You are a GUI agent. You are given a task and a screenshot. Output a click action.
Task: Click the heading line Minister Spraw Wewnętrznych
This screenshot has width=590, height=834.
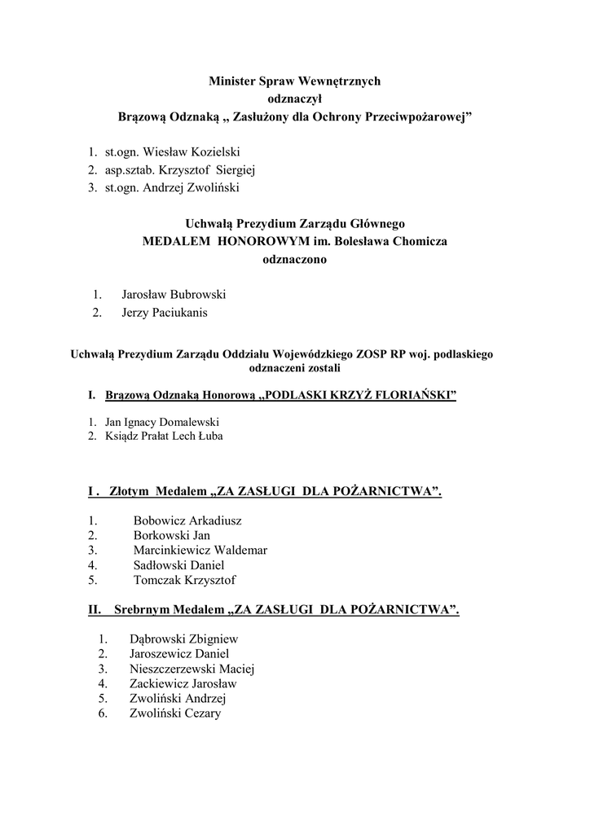pyautogui.click(x=294, y=81)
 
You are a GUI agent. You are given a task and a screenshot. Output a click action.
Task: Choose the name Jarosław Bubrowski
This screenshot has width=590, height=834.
pyautogui.click(x=174, y=294)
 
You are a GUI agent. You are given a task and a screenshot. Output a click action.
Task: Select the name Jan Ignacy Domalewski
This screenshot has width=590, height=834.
pyautogui.click(x=162, y=423)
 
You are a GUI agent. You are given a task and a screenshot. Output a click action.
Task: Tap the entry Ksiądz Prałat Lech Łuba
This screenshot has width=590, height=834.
pyautogui.click(x=164, y=436)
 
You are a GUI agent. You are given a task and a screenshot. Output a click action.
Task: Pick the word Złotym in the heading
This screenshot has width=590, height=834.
pyautogui.click(x=131, y=491)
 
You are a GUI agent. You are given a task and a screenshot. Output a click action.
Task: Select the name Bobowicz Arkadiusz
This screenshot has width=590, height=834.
pyautogui.click(x=187, y=520)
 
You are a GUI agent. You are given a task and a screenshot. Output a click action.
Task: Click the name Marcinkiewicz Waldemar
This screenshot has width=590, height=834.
pyautogui.click(x=200, y=550)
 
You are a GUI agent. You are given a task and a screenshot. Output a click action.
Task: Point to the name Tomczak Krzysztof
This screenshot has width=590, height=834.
pyautogui.click(x=184, y=580)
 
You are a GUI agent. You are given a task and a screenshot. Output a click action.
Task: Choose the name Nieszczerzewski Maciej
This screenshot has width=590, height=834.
pyautogui.click(x=192, y=669)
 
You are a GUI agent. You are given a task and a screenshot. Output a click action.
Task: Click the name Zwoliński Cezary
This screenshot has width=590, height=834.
pyautogui.click(x=175, y=713)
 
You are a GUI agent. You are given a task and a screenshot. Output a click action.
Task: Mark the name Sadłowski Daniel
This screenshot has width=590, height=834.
pyautogui.click(x=178, y=564)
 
